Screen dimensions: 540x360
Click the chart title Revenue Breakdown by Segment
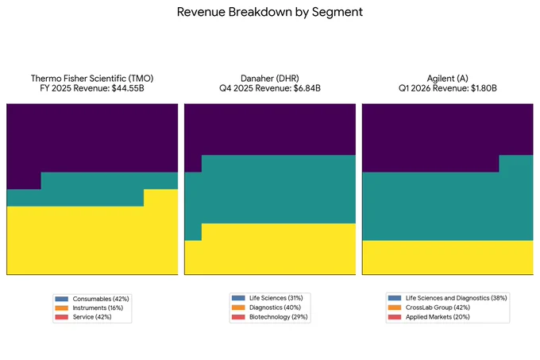270,12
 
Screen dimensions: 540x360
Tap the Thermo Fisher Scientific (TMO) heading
92,79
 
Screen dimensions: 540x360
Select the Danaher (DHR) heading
270,79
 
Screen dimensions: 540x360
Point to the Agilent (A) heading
447,79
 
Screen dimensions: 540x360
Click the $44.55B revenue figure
128,88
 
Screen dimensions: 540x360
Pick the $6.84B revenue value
307,88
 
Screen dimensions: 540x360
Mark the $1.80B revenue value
484,88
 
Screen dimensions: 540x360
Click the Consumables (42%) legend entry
101,299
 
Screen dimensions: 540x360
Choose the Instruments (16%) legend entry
98,308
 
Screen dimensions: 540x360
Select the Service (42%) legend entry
92,317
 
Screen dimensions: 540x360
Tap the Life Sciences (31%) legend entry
276,298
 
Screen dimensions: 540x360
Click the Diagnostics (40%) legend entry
275,308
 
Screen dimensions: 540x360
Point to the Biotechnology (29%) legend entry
278,317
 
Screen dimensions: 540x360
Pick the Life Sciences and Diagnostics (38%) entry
456,298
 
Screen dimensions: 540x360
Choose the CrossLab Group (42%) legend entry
438,308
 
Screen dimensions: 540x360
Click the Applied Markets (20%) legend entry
438,317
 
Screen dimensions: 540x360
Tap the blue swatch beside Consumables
62,299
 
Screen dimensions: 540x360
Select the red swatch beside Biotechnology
238,317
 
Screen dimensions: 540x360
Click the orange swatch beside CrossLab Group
395,308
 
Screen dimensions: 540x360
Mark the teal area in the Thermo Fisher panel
92,189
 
